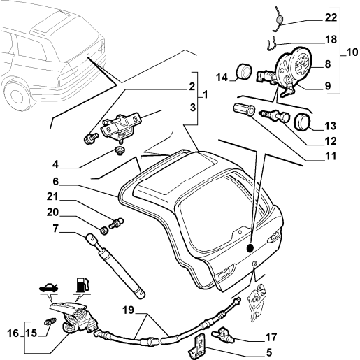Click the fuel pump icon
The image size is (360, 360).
[x=82, y=285]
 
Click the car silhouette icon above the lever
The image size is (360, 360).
[x=49, y=287]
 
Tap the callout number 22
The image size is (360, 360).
[x=331, y=17]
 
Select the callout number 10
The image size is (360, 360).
[x=352, y=52]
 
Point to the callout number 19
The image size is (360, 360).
[x=129, y=310]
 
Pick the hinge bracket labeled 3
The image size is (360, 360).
[x=120, y=126]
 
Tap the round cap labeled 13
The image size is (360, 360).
[x=303, y=122]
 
